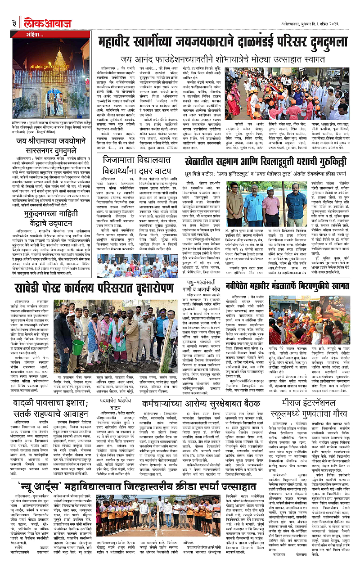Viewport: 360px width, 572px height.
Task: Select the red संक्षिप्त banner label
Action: pos(27,34)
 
